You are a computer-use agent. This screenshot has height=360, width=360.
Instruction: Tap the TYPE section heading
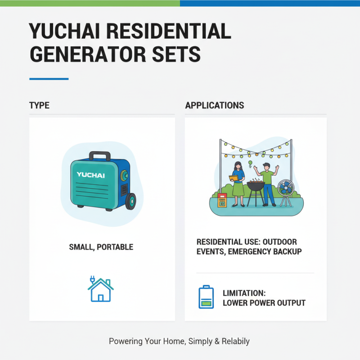click(39, 106)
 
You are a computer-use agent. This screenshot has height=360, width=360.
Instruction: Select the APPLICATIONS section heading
click(215, 106)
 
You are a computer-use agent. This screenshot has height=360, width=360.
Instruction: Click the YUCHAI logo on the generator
click(90, 175)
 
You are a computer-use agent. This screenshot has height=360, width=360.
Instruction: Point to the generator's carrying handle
click(99, 156)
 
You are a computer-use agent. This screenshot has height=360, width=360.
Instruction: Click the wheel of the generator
click(130, 201)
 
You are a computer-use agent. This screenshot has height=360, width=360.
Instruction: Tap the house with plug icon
click(100, 289)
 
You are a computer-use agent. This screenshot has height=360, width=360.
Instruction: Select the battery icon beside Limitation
click(206, 297)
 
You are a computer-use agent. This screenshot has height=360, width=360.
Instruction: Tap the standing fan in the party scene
click(285, 191)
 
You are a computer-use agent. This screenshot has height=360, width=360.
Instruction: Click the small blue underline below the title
click(49, 79)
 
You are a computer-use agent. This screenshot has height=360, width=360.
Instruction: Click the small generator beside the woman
click(222, 201)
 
